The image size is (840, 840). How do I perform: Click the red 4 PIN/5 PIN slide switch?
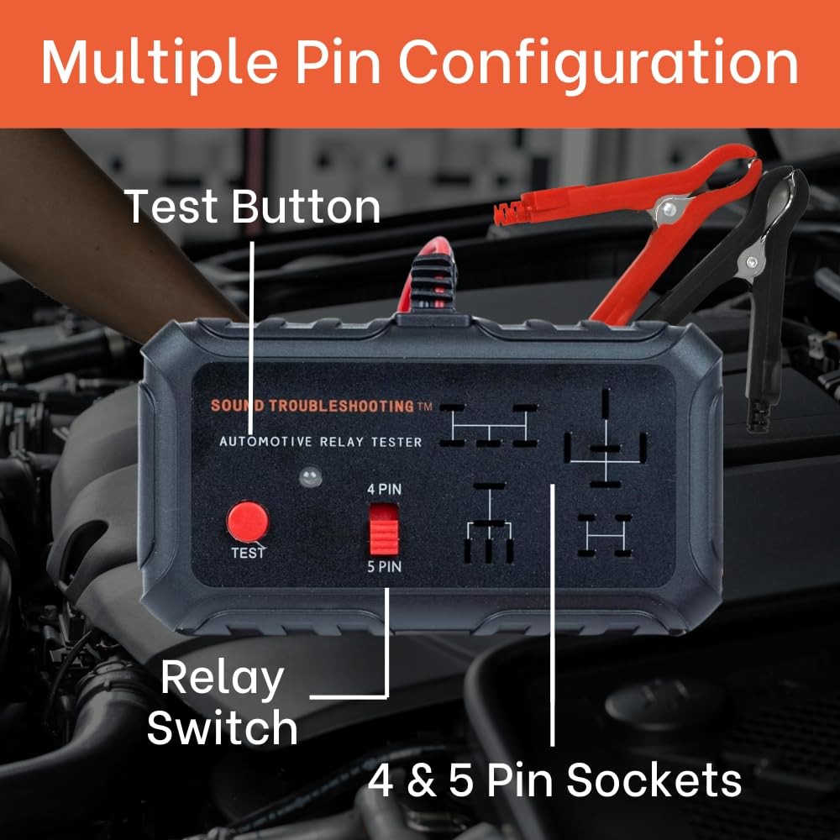[384, 528]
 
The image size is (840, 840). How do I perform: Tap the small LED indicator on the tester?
[310, 476]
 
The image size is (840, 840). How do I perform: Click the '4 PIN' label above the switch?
[384, 490]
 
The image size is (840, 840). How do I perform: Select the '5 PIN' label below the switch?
[384, 567]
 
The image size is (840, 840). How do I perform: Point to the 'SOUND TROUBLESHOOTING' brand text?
[312, 406]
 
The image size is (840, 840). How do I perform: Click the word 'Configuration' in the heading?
[598, 63]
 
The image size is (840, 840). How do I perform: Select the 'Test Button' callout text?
[252, 207]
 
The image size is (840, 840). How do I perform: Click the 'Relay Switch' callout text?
[223, 702]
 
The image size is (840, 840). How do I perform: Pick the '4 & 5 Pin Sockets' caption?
[554, 780]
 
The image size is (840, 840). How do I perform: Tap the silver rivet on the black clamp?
[751, 262]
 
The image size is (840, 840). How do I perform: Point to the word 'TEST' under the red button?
[248, 553]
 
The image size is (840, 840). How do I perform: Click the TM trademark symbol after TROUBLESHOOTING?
[425, 406]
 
